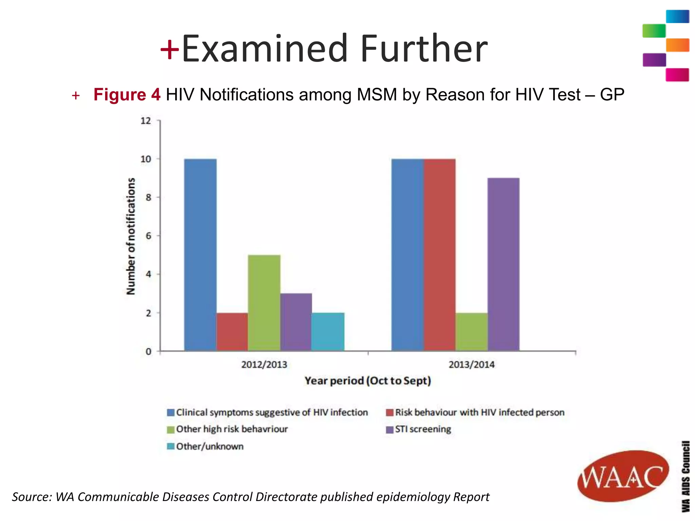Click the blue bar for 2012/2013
(200, 254)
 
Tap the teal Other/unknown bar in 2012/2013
(328, 331)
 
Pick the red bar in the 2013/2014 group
(439, 254)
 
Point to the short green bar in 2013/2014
(471, 331)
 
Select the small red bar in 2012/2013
(232, 331)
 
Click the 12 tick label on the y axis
(146, 121)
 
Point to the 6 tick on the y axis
(148, 236)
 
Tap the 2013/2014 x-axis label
(471, 365)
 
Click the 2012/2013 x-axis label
(264, 365)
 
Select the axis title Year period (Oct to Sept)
(368, 381)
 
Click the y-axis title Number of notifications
(131, 236)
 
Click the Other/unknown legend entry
(205, 446)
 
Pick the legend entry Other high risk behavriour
(227, 429)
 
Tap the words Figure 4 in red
(127, 94)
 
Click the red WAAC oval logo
(623, 476)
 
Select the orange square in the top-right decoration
(677, 45)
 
